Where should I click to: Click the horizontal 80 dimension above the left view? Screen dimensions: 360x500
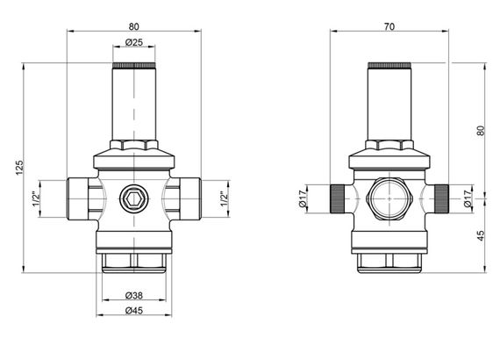(x=134, y=25)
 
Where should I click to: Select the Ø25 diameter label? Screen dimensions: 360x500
(x=134, y=42)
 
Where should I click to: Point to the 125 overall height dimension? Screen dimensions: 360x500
(x=19, y=168)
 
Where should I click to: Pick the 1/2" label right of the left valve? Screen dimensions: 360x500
(x=225, y=199)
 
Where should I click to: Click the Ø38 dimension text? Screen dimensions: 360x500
(x=134, y=295)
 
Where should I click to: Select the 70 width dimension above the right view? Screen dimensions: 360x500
(x=389, y=25)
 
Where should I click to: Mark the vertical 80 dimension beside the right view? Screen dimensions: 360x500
(x=480, y=129)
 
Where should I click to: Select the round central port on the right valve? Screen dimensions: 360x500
(x=388, y=199)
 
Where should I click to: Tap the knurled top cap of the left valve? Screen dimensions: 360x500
(x=134, y=65)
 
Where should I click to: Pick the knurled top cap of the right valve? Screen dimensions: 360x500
(x=388, y=65)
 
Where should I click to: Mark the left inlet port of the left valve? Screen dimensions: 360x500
(x=77, y=198)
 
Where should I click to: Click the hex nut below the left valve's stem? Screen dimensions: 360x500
(x=134, y=145)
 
